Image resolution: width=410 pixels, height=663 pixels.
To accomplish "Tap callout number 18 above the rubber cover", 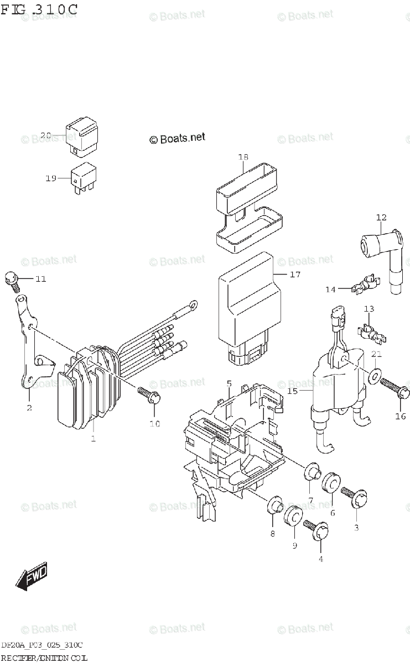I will [x=243, y=157].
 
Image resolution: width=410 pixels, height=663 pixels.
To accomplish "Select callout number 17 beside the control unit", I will [x=295, y=274].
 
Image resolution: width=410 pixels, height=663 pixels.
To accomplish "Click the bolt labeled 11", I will [x=12, y=281].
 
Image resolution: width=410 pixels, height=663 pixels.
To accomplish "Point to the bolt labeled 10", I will [x=150, y=394].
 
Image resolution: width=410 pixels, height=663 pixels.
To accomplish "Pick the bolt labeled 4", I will [x=315, y=530].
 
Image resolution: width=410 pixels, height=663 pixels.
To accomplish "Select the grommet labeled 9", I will [x=293, y=518].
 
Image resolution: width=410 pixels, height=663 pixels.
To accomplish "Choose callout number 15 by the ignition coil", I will [x=292, y=391].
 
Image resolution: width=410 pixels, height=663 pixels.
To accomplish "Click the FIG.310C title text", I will [x=39, y=9].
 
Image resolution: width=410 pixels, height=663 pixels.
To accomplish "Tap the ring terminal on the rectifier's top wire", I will [x=194, y=303].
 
